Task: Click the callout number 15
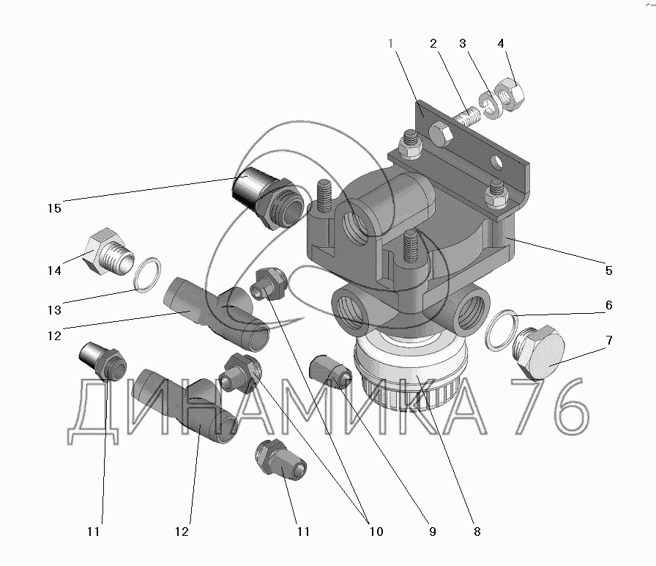pyautogui.click(x=54, y=208)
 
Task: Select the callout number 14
pyautogui.click(x=54, y=271)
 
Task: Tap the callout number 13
pyautogui.click(x=54, y=310)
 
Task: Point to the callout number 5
pyautogui.click(x=608, y=271)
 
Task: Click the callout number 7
pyautogui.click(x=609, y=339)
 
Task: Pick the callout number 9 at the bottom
pyautogui.click(x=433, y=532)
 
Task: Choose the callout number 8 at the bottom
pyautogui.click(x=477, y=532)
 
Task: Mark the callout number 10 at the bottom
pyautogui.click(x=376, y=532)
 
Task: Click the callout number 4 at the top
pyautogui.click(x=501, y=43)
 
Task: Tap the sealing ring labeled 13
pyautogui.click(x=147, y=275)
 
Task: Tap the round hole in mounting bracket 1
pyautogui.click(x=496, y=162)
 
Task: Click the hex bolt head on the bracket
pyautogui.click(x=440, y=135)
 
